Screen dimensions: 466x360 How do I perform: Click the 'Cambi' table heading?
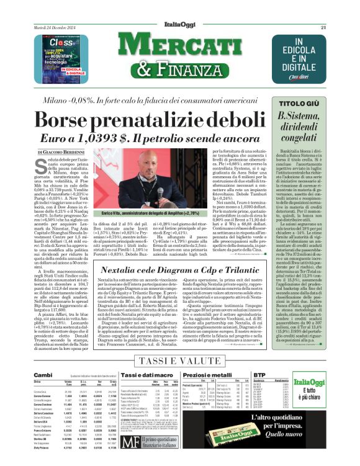43,375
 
